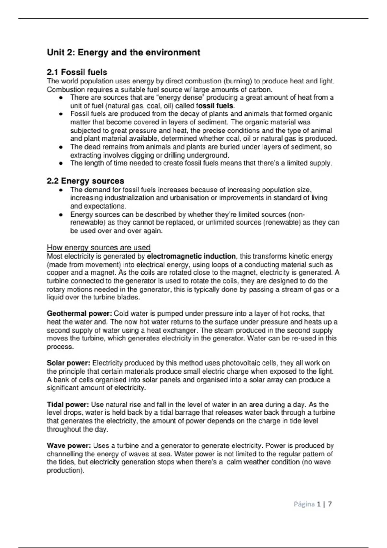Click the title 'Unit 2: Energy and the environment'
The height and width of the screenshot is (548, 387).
point(124,53)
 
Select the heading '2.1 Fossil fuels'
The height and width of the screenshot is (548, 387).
point(77,72)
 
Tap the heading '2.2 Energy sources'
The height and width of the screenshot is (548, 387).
point(85,181)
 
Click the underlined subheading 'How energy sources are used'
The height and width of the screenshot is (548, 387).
point(99,248)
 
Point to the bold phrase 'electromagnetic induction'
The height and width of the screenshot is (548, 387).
point(191,256)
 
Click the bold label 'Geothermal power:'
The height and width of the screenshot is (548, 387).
point(79,314)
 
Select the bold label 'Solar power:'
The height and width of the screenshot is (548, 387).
point(68,363)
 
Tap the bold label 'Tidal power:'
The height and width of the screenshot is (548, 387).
point(68,405)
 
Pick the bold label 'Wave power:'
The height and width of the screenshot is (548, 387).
point(69,446)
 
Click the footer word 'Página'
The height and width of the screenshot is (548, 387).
point(304,504)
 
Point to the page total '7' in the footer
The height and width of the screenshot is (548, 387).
point(330,504)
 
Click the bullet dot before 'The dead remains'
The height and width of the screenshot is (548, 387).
point(61,147)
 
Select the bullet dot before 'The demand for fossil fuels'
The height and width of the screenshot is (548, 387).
point(61,190)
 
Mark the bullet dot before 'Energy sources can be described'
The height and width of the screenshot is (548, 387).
point(61,215)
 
